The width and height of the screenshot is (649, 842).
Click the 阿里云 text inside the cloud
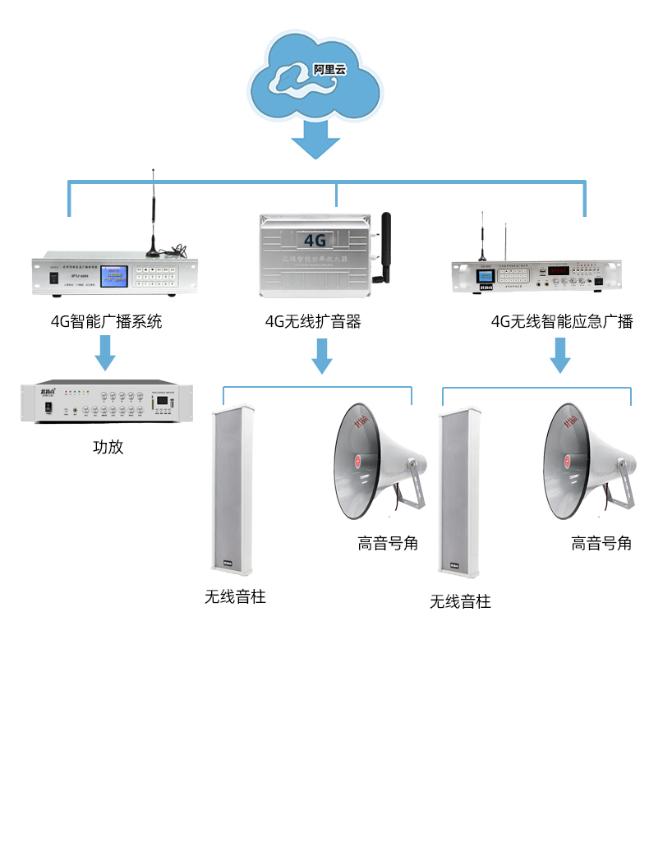[x=329, y=71]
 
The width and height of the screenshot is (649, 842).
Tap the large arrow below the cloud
[x=315, y=140]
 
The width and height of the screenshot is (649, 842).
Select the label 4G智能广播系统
[x=107, y=321]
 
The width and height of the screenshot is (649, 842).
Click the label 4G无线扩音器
[x=313, y=321]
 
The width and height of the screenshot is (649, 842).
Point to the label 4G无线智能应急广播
[x=562, y=321]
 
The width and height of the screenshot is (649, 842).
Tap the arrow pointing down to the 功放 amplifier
[x=105, y=352]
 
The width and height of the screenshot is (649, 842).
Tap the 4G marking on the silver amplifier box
[x=315, y=240]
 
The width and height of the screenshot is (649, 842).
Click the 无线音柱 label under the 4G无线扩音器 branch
[x=235, y=596]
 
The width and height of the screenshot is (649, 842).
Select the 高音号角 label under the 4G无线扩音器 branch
[x=388, y=543]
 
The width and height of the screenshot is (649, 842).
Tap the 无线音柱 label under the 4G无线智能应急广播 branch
[x=460, y=601]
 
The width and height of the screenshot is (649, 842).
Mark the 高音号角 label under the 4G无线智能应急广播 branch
[x=601, y=543]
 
